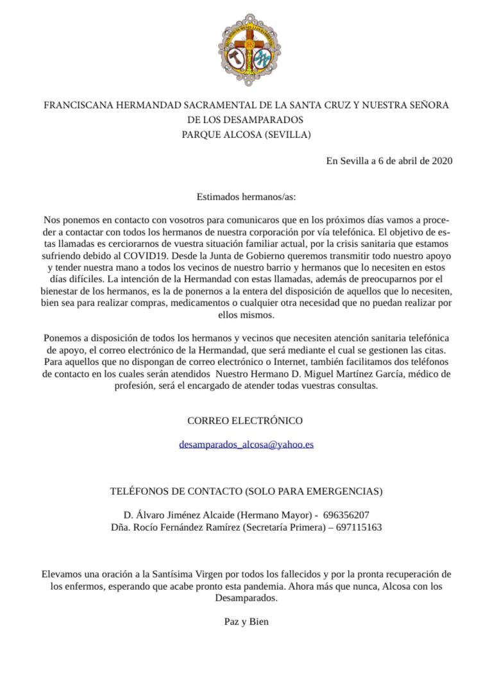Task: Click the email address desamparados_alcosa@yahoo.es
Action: point(246,444)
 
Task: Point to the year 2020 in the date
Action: point(442,161)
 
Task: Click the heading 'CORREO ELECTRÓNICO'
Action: point(244,421)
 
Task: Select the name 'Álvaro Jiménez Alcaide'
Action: point(188,515)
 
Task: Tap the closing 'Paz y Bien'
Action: point(246,622)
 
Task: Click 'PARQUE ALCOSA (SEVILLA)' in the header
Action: point(246,135)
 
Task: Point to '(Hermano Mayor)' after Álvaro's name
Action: point(280,515)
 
